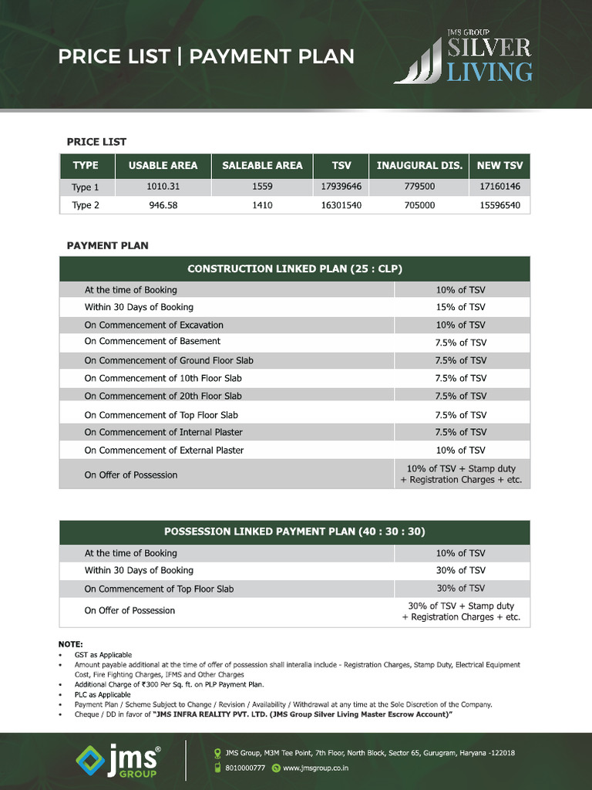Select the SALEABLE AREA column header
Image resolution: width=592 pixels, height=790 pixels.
262,165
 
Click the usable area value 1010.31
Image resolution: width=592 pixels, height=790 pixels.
163,187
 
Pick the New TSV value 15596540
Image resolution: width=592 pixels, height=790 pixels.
499,205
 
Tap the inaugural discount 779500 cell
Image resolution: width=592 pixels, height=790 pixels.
419,187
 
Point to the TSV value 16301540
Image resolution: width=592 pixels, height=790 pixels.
341,205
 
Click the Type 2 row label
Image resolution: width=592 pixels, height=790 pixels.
86,205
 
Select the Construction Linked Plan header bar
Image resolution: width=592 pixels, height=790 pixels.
294,268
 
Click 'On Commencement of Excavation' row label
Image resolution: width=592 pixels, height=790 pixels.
153,325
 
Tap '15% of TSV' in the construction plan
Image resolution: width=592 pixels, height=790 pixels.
461,307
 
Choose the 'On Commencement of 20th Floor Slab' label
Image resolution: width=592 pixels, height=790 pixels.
163,396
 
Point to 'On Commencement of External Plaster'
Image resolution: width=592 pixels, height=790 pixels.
163,450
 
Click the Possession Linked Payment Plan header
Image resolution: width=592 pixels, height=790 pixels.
294,532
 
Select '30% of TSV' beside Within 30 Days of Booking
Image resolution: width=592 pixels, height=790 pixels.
461,570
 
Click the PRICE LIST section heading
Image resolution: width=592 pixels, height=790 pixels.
96,141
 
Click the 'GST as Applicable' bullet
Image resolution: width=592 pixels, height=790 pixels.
103,654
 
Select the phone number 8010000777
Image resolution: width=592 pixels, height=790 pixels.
244,768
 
